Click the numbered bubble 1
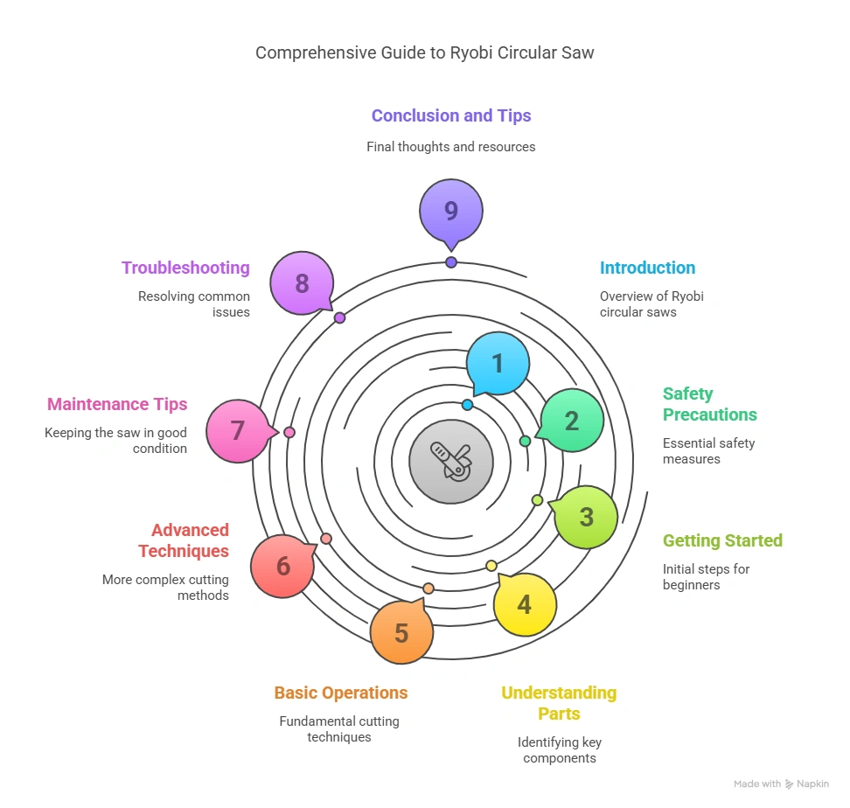pos(498,363)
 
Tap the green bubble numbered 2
pos(572,421)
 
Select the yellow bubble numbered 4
pos(524,604)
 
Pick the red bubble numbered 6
pos(282,566)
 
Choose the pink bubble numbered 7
pos(238,431)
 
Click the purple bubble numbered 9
pos(451,211)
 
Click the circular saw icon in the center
pos(451,461)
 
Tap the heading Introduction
pos(647,268)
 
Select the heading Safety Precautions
pos(709,404)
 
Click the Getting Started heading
pos(722,540)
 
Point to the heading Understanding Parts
pos(559,703)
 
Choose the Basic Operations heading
pos(341,693)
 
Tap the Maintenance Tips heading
pos(117,404)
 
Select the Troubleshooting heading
pos(185,268)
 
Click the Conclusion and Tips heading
pos(451,115)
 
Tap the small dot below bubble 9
pos(451,262)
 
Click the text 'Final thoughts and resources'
pos(451,147)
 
